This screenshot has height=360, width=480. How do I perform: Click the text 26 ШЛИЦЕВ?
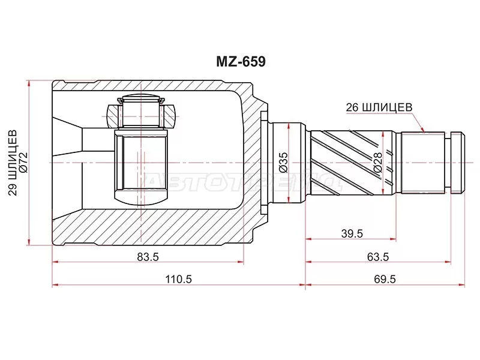pos(379,107)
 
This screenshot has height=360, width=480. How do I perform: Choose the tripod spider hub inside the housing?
pos(142,168)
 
